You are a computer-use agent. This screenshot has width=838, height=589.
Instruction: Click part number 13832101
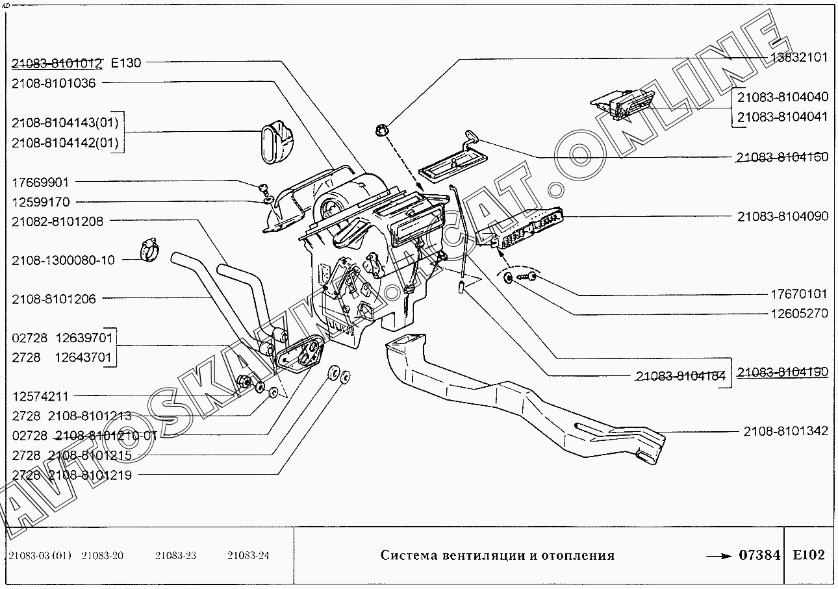[799, 57]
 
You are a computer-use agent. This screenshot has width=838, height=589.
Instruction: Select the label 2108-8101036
[53, 83]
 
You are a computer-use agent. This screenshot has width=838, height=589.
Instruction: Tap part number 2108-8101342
[785, 431]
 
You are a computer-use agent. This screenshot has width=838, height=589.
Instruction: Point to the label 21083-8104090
[783, 216]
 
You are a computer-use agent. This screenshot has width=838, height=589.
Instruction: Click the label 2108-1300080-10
[63, 260]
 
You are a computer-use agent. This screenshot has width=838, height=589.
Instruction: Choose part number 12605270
[799, 313]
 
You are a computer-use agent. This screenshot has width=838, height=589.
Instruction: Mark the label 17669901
[40, 182]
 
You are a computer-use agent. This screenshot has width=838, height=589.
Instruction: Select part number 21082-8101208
[57, 221]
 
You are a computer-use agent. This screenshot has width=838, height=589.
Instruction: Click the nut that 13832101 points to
[383, 130]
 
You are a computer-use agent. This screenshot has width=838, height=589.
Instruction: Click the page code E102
[809, 555]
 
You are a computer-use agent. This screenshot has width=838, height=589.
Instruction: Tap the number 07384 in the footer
[759, 555]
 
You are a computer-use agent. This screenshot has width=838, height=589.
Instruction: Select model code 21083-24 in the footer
[248, 555]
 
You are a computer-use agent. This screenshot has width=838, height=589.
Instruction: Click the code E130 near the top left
[126, 63]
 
